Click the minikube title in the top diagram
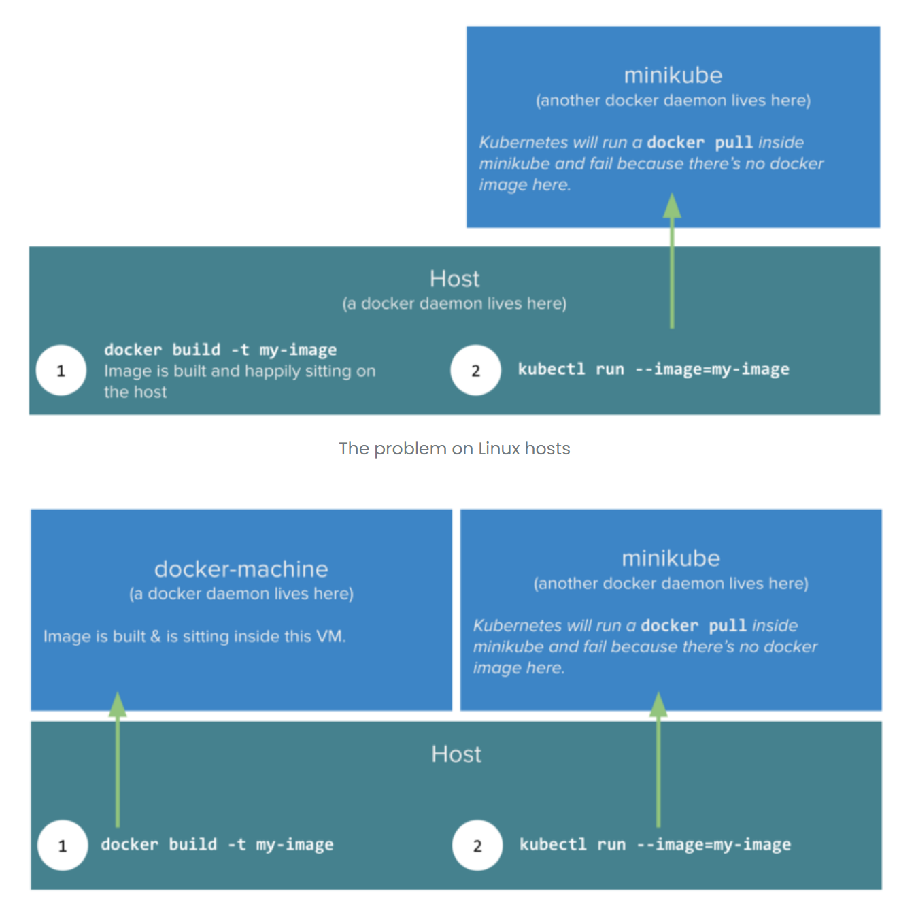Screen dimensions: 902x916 (673, 75)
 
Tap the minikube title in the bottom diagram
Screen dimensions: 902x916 (671, 558)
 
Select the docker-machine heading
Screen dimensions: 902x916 (241, 569)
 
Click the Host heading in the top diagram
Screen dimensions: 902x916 (454, 278)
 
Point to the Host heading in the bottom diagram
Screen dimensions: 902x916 (456, 754)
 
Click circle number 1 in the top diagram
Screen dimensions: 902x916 (61, 371)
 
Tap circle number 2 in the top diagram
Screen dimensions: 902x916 (475, 371)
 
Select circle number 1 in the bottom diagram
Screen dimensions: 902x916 (63, 846)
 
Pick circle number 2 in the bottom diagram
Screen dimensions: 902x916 (477, 846)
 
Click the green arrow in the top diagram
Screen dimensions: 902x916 (672, 265)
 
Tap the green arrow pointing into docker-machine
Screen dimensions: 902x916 (118, 762)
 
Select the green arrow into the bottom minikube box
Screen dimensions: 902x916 (658, 762)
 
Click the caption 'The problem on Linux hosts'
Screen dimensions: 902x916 (454, 449)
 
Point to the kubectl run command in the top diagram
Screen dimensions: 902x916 (653, 369)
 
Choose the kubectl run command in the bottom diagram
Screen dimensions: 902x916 (654, 845)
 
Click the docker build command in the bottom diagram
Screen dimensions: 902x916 (217, 845)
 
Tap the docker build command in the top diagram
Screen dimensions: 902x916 (220, 350)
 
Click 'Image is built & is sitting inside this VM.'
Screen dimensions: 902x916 (194, 637)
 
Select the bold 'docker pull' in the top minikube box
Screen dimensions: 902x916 (699, 143)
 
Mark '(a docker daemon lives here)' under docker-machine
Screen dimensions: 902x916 (241, 594)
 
